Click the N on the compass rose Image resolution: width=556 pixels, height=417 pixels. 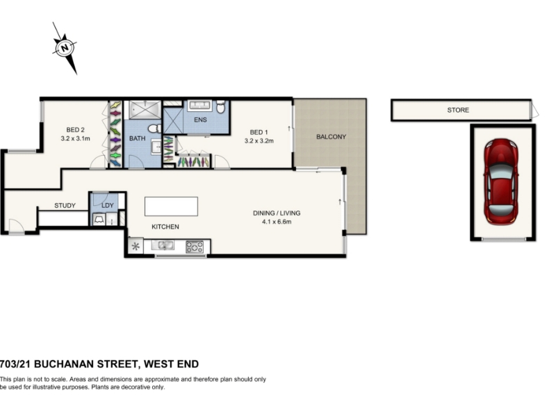65,47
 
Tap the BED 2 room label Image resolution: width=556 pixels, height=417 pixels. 75,130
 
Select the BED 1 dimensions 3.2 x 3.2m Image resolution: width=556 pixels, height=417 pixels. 259,141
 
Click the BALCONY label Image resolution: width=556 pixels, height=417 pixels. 332,136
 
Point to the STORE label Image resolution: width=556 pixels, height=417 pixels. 458,110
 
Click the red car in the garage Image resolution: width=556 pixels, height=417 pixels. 501,181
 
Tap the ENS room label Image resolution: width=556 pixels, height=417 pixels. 200,120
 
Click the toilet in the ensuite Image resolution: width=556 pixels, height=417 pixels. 220,106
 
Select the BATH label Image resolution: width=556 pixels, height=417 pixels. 137,138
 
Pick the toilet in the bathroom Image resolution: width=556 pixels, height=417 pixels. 154,129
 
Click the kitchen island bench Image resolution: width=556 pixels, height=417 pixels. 171,206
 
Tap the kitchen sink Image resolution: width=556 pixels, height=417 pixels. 163,245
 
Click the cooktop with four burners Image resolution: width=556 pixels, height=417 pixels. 195,247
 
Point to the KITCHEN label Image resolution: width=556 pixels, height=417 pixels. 165,227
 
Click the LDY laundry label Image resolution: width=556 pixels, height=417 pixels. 108,205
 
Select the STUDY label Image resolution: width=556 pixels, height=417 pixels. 65,205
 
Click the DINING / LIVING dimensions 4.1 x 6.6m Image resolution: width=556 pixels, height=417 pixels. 277,222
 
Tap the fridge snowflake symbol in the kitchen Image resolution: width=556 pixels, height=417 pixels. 136,246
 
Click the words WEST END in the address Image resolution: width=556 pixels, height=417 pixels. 171,364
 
